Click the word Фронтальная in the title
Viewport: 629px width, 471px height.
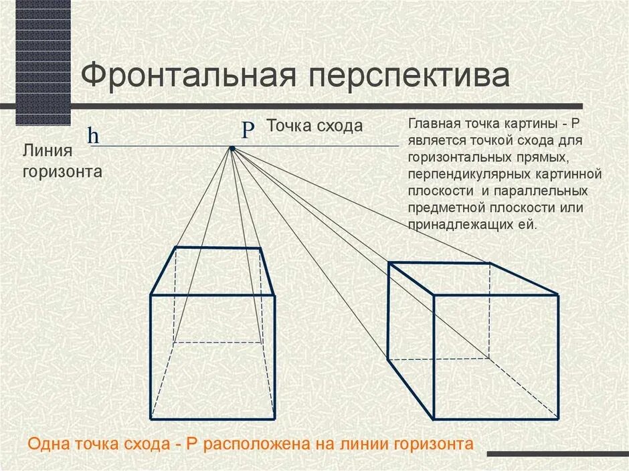coord(189,75)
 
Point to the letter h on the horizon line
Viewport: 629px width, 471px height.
coord(93,136)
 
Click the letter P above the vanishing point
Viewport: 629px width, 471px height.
coord(248,130)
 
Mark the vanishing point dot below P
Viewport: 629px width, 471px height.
coord(232,148)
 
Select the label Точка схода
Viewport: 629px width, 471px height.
coord(314,125)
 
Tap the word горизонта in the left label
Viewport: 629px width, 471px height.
coord(62,171)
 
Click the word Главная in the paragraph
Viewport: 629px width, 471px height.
coord(434,124)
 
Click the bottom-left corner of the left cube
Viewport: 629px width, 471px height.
coord(151,419)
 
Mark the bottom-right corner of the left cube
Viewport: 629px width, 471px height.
coord(275,419)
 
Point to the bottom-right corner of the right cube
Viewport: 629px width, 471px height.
coord(558,419)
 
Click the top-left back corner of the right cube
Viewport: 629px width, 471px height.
coord(389,263)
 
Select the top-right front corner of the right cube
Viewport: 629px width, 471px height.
coord(558,294)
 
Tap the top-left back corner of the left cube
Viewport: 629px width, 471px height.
coord(175,248)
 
